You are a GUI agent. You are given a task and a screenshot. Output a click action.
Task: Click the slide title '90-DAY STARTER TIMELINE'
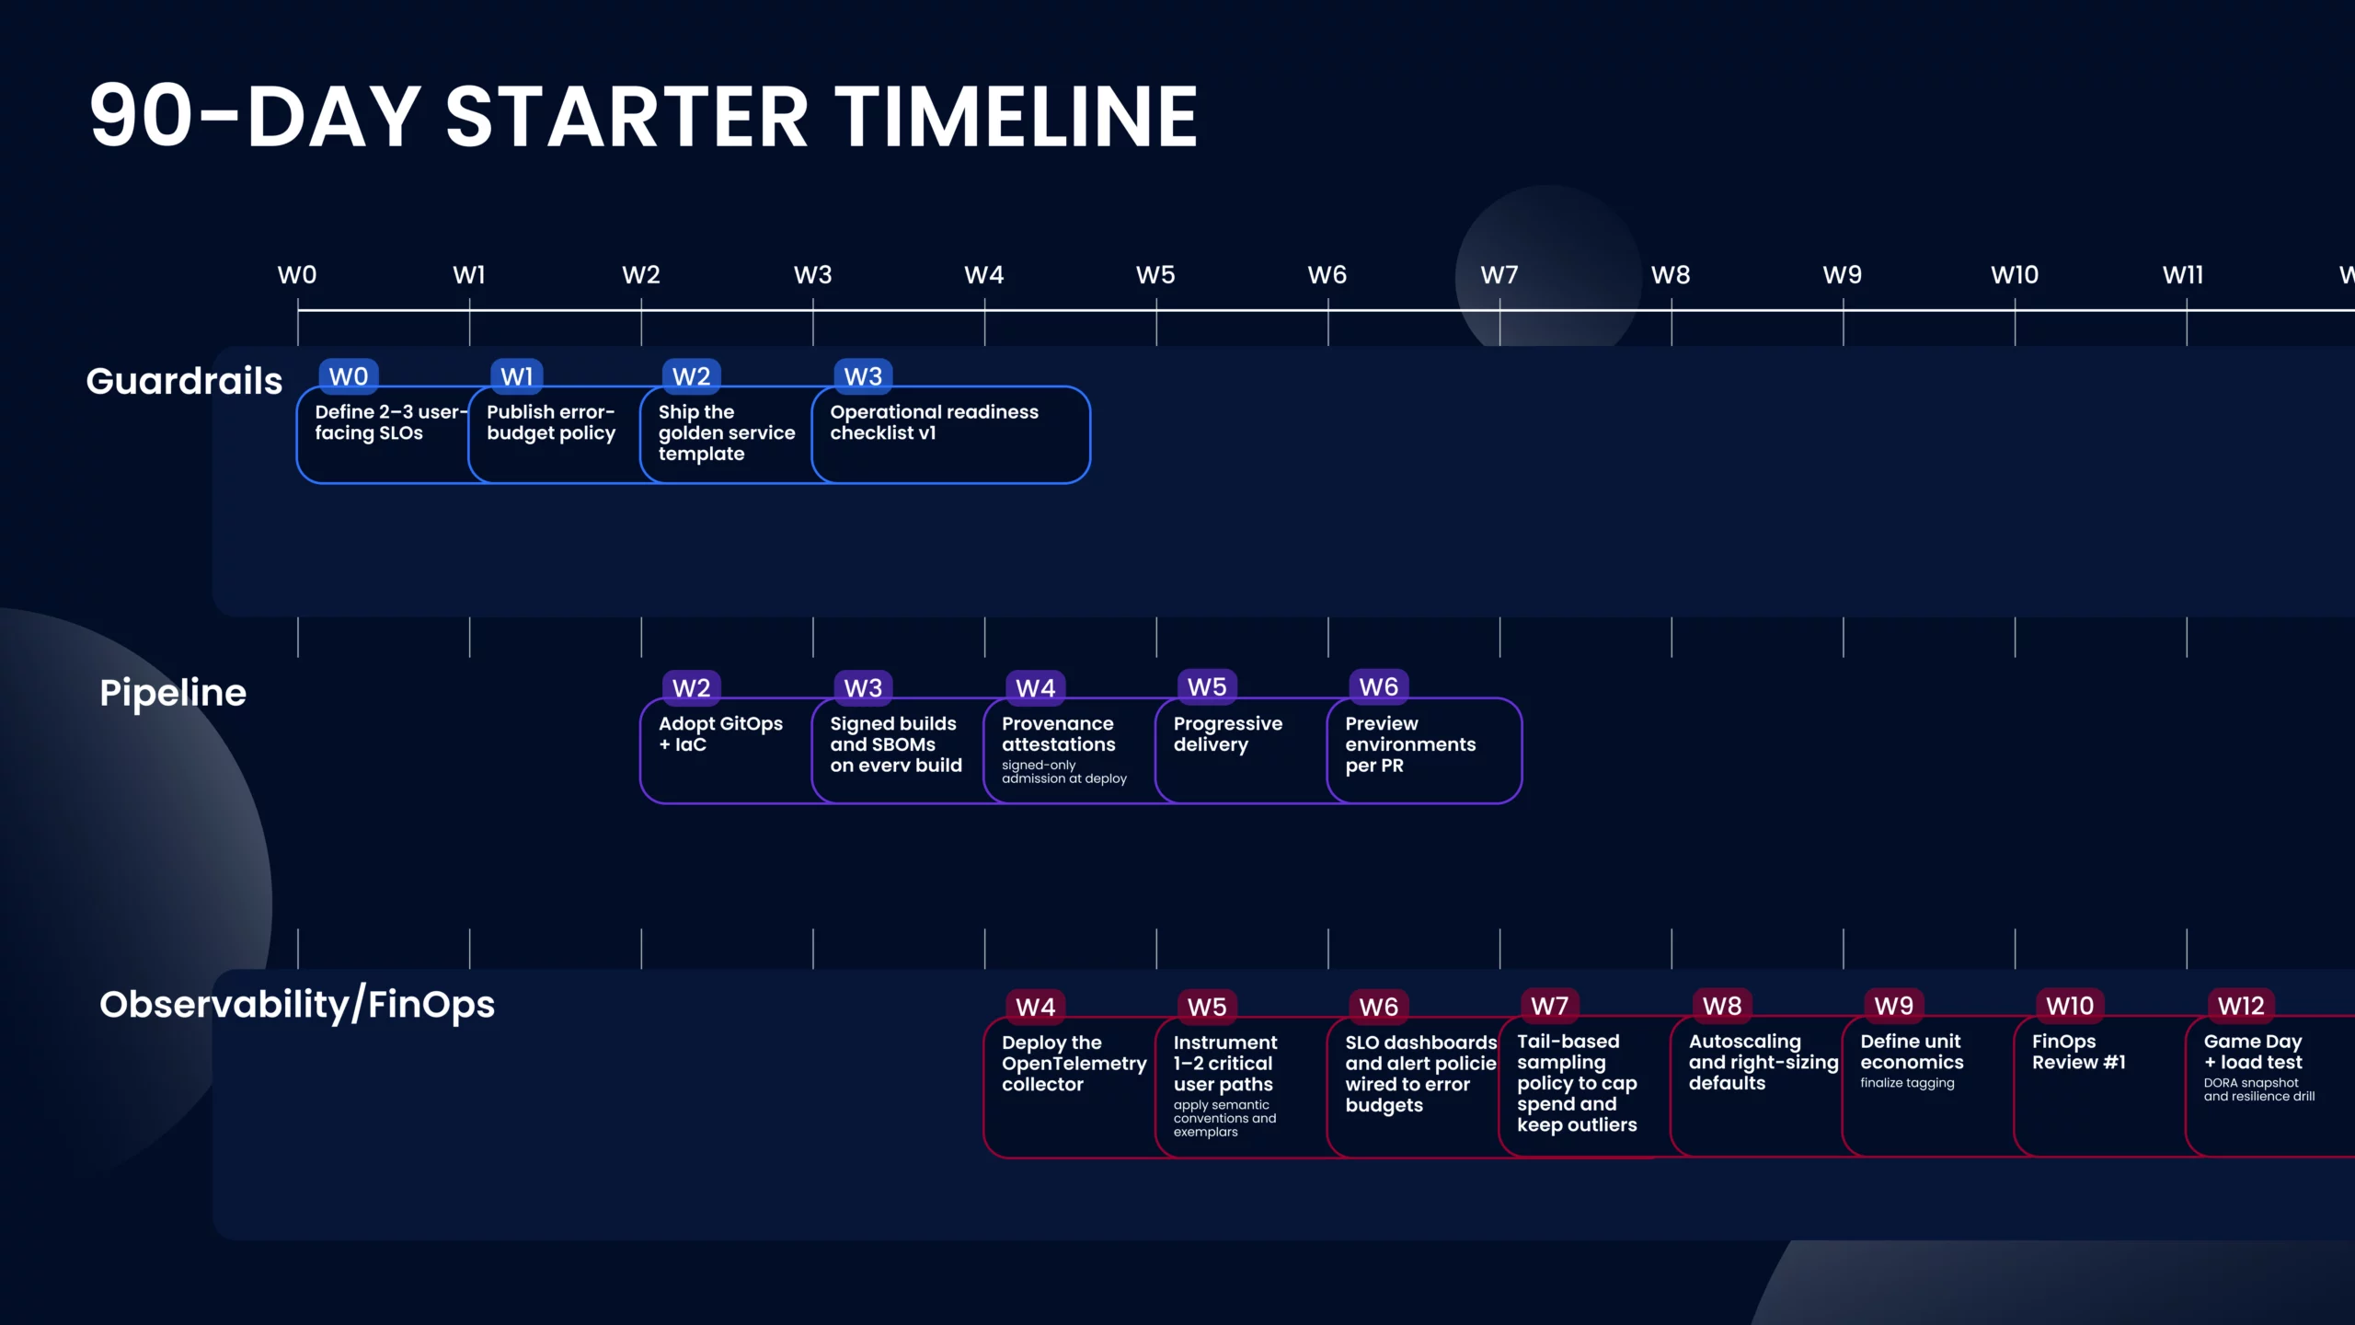643,116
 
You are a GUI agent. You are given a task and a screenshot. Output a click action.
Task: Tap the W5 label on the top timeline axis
1155,275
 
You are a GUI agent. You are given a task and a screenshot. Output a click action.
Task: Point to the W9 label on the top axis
1843,275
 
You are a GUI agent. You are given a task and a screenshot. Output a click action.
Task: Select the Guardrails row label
184,381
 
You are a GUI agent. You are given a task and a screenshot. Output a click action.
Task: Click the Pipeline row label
173,693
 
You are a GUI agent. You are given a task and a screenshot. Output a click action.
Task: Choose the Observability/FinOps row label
297,1004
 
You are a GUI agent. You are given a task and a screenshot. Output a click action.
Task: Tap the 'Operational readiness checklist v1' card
951,434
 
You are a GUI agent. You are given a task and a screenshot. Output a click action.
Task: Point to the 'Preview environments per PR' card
1424,751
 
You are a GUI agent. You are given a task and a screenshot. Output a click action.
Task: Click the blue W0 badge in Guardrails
349,376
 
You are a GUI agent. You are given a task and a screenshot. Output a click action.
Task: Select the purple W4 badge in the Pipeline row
1036,688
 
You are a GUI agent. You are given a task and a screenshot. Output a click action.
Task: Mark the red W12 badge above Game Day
2241,1006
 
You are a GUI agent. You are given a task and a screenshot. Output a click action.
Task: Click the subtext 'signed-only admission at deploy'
1064,772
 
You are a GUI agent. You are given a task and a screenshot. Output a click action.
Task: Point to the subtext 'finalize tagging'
1907,1083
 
